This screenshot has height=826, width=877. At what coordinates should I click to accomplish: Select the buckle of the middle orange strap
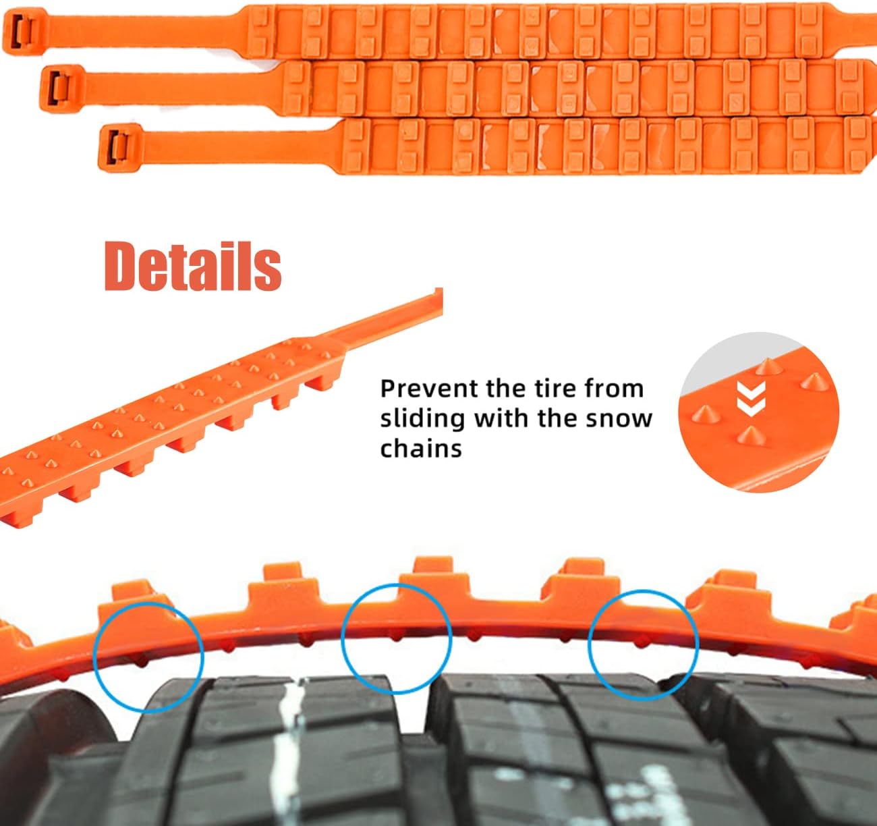click(x=59, y=83)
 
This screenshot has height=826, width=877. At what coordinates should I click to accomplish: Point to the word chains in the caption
click(x=421, y=448)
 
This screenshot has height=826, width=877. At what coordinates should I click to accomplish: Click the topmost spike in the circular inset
click(x=764, y=367)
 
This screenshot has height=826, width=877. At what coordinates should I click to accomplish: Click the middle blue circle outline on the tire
click(x=396, y=638)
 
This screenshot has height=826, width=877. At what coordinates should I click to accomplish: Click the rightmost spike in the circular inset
click(x=809, y=382)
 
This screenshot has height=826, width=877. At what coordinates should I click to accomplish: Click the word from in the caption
click(x=614, y=389)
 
